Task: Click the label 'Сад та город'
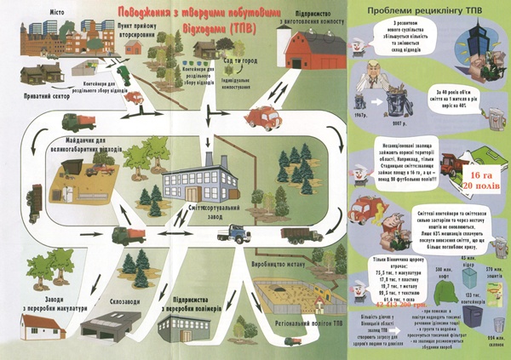tap(239, 61)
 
